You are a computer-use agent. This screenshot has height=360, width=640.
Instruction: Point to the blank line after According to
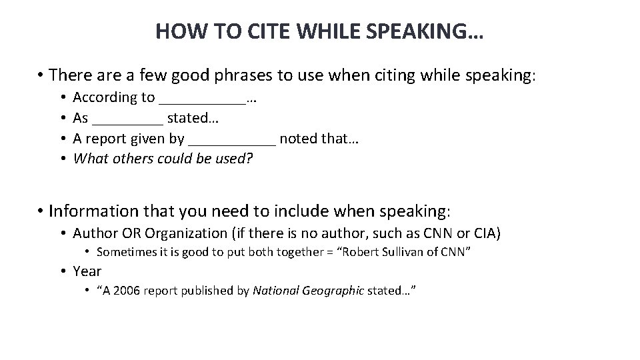pos(202,102)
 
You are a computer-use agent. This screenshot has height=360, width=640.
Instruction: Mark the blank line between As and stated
pos(127,123)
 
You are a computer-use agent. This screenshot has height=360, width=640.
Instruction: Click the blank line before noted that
pos(232,143)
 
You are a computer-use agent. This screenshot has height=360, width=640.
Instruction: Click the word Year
pos(87,271)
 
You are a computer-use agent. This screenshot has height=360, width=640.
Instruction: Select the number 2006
pos(127,291)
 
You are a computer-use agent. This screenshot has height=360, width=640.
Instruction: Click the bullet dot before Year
pos(62,271)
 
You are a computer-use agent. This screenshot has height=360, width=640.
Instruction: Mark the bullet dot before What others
pos(62,159)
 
